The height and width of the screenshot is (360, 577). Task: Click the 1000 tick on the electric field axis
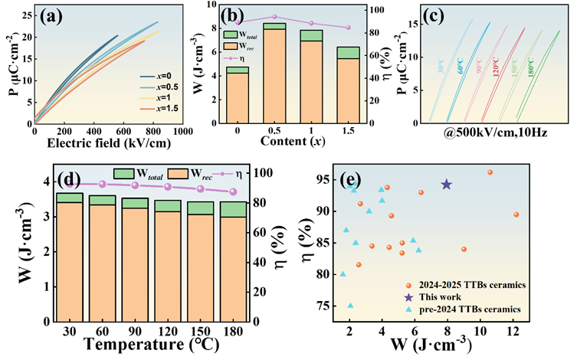pyautogui.click(x=181, y=132)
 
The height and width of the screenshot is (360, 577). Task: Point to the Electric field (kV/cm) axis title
pyautogui.click(x=108, y=143)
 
